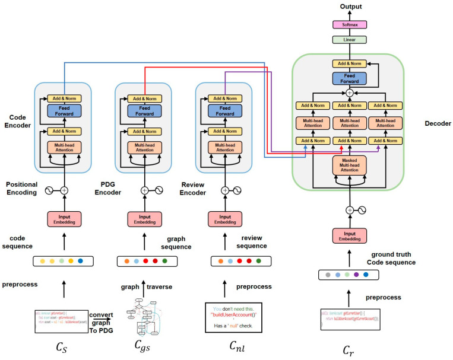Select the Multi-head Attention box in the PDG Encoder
(x=144, y=148)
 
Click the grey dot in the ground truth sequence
(x=327, y=275)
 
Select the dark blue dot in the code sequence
(x=81, y=260)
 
